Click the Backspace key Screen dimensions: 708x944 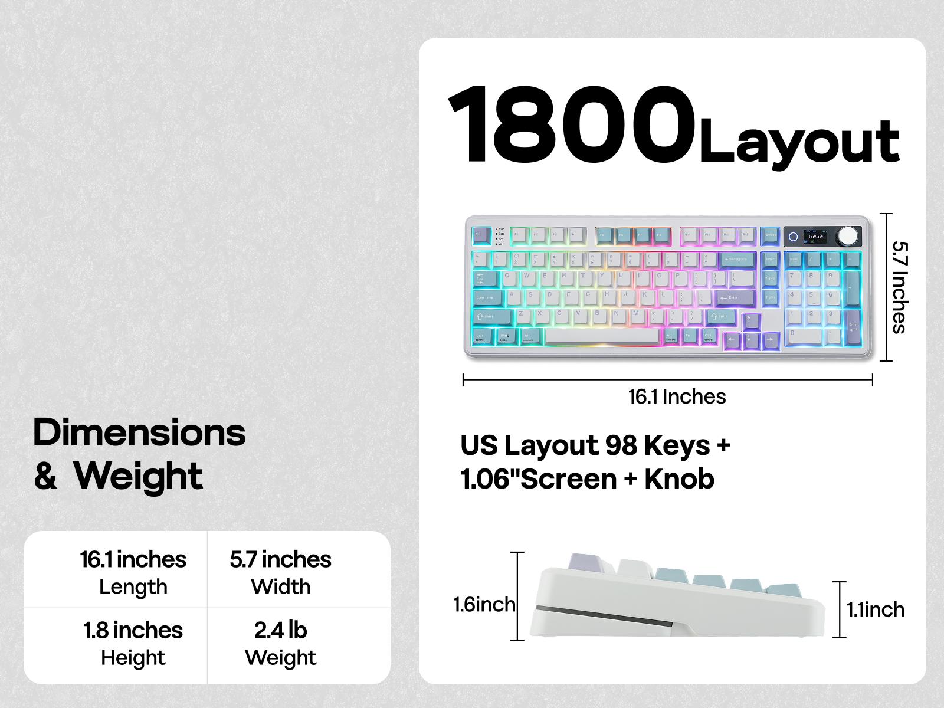coord(736,259)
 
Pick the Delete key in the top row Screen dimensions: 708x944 coord(769,235)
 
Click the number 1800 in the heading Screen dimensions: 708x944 coord(571,125)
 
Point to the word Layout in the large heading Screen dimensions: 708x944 coord(799,142)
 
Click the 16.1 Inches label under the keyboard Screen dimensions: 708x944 coord(677,397)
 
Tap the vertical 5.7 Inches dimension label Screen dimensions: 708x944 coord(899,287)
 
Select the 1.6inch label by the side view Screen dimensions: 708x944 coord(484,605)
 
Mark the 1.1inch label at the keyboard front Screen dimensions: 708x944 coord(875,609)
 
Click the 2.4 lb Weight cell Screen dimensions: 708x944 coord(281,643)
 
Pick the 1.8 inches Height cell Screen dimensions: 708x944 coord(133,643)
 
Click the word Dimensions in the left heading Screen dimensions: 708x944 coord(139,433)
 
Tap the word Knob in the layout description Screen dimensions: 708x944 coord(679,479)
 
